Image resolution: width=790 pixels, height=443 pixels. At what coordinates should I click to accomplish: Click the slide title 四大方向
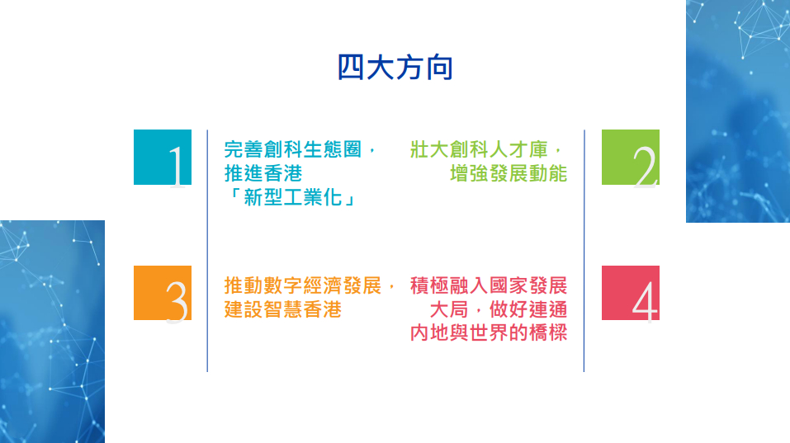tap(395, 68)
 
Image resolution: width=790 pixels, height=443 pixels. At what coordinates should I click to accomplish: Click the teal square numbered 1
tap(163, 157)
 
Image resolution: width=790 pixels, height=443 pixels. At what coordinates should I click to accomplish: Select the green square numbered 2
tap(631, 157)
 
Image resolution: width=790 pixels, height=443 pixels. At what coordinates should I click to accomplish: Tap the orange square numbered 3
tap(163, 293)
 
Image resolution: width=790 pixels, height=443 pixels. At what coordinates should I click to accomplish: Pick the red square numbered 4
tap(631, 293)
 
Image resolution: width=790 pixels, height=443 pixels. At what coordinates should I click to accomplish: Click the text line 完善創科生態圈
tap(293, 149)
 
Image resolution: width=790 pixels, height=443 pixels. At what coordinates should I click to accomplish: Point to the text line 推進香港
tap(263, 173)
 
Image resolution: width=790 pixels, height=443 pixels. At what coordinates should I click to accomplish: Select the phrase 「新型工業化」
tap(292, 197)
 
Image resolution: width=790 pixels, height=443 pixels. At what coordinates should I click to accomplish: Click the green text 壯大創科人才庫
tap(479, 149)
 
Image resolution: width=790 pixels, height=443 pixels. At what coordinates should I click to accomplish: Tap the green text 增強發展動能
tap(509, 173)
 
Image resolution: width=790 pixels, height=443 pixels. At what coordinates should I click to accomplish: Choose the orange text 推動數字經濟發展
tap(302, 285)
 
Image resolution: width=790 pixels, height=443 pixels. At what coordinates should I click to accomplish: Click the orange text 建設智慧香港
tap(282, 309)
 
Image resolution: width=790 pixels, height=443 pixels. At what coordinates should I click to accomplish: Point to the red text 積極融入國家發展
tap(489, 285)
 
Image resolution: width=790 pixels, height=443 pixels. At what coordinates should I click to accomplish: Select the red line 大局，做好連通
tap(499, 309)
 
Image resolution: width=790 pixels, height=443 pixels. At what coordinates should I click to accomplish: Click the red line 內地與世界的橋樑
tap(489, 332)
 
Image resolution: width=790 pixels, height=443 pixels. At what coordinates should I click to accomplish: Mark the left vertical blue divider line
tap(207, 251)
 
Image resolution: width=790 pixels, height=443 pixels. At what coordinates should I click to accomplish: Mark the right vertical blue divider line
tap(584, 251)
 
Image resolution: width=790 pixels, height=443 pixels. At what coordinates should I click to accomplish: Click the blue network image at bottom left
tap(52, 332)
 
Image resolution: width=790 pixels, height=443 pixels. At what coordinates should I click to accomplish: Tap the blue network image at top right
tap(738, 111)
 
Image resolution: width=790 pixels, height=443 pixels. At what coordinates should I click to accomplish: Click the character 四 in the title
tap(351, 68)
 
